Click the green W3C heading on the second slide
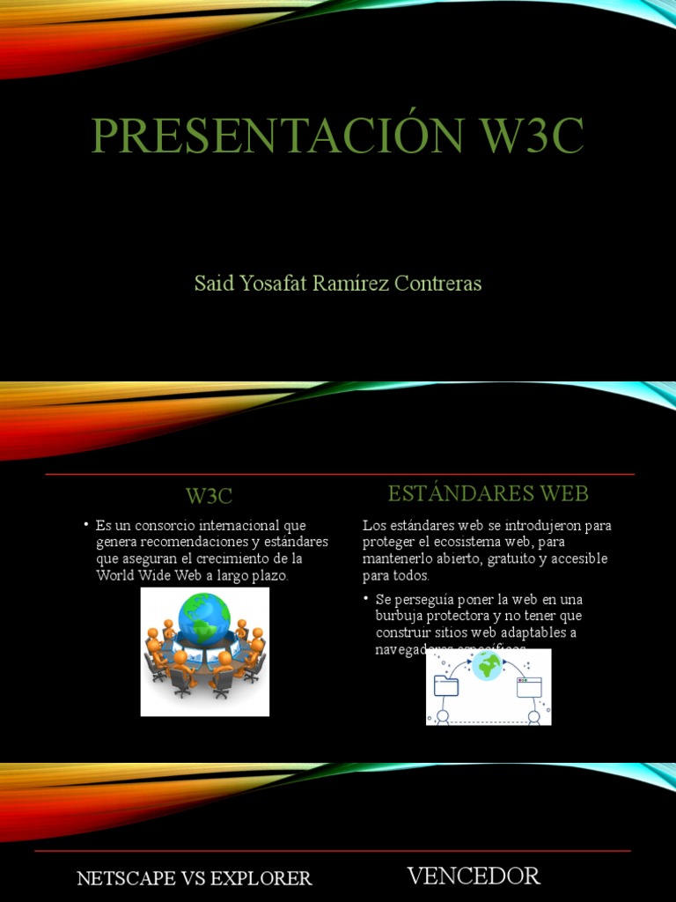(209, 495)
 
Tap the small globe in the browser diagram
(486, 665)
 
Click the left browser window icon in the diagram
(446, 686)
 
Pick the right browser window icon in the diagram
(528, 686)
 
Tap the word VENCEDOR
(474, 876)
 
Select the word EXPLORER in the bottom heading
(263, 878)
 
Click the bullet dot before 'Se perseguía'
(366, 598)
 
